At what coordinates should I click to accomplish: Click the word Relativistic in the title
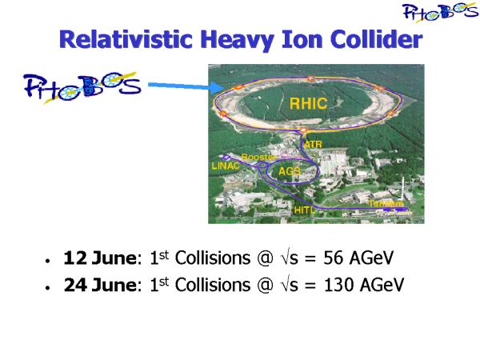click(x=126, y=39)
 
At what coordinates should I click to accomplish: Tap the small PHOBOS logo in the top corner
click(x=440, y=12)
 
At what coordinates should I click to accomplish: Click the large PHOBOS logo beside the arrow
click(x=82, y=87)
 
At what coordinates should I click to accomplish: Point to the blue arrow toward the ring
click(x=186, y=86)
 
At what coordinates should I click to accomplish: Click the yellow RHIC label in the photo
click(x=308, y=103)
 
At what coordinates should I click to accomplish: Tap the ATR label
click(x=313, y=144)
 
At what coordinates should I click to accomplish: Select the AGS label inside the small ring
click(x=290, y=171)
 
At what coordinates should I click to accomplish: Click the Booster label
click(x=258, y=157)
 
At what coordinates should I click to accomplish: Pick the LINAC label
click(x=226, y=166)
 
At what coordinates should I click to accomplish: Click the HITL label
click(x=304, y=210)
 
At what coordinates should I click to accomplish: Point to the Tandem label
click(x=386, y=203)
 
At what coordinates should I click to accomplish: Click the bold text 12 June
click(x=100, y=258)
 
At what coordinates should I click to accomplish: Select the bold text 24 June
click(x=100, y=285)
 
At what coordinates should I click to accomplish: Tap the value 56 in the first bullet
click(x=333, y=258)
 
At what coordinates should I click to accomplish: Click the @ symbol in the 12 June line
click(x=265, y=258)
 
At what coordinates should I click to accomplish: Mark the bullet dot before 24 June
click(x=47, y=288)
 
